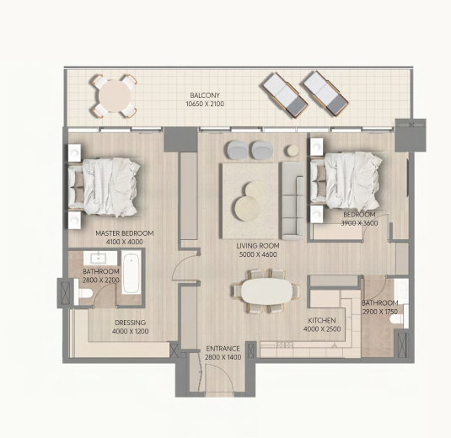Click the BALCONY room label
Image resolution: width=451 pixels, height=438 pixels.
205,95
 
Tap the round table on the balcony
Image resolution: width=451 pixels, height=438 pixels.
115,96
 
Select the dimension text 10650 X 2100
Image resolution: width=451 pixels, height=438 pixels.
205,104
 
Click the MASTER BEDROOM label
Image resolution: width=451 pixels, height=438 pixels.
125,233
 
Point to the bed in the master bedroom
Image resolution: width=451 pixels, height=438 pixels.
105,187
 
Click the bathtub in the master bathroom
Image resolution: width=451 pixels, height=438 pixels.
132,272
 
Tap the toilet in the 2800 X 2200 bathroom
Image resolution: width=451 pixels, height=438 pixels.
84,293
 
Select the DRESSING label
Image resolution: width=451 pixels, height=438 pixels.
131,323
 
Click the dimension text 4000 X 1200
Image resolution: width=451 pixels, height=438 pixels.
131,331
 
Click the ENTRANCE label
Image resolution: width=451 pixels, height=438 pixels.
223,349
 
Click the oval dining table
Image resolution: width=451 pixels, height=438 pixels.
266,291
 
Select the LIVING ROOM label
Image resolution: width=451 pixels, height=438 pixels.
258,246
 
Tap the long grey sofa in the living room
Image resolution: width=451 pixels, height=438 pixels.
293,200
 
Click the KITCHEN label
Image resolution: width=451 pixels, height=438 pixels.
322,320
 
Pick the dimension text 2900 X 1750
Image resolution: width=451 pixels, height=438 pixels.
380,312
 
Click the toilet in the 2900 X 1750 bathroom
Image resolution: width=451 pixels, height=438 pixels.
397,319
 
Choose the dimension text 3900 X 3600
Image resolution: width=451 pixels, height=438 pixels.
359,223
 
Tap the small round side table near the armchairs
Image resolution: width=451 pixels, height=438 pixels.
293,150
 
